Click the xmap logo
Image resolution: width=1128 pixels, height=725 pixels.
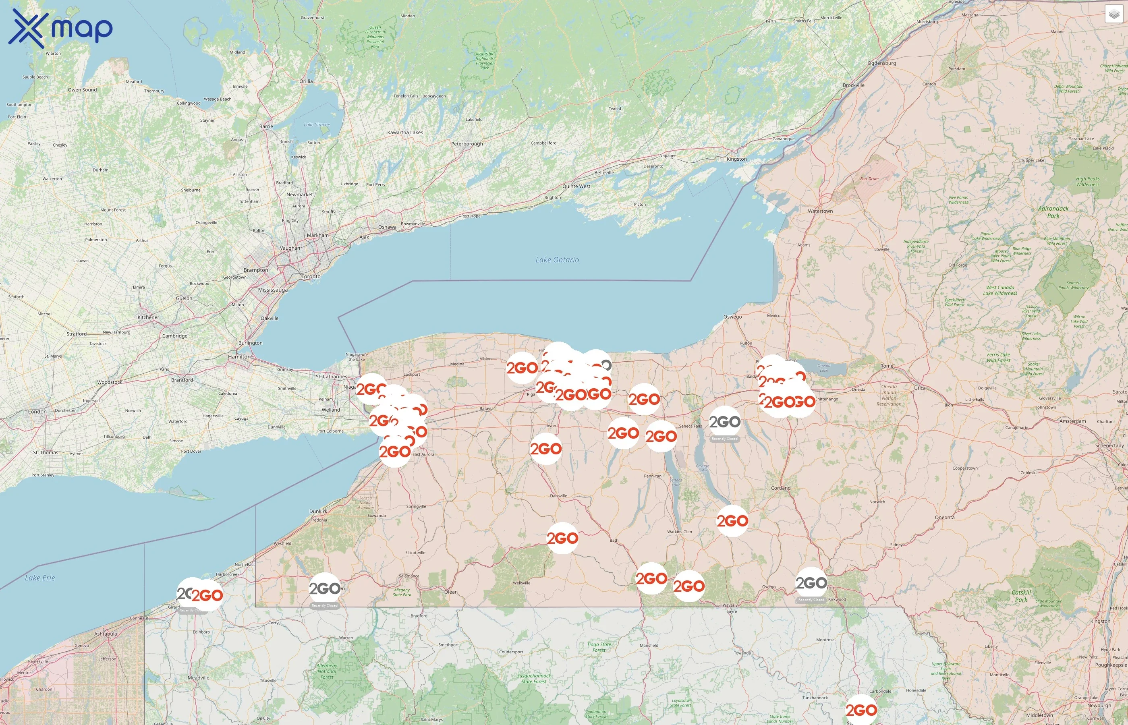(x=60, y=28)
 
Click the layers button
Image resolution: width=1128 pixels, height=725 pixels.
(x=1113, y=14)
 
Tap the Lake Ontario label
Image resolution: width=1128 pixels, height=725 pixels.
(x=557, y=260)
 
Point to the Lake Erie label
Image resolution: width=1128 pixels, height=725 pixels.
(x=40, y=578)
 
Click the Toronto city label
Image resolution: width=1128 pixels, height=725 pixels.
(x=311, y=276)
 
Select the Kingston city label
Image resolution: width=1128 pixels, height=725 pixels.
(x=736, y=159)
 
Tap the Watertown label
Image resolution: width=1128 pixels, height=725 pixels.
(x=820, y=211)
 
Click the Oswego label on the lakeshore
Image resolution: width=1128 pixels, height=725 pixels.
(x=732, y=317)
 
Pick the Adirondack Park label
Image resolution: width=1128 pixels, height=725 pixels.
(x=1053, y=212)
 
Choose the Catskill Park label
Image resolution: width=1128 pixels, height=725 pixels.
(x=1021, y=596)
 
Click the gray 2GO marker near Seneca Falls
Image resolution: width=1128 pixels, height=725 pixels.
(x=724, y=422)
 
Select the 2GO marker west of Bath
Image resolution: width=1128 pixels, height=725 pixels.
(x=562, y=538)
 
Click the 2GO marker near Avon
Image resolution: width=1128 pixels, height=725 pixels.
(x=545, y=449)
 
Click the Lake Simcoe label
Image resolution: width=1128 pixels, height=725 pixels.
(x=317, y=125)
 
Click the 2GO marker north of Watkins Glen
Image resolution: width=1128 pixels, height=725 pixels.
(x=732, y=521)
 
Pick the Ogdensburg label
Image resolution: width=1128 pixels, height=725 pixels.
(x=881, y=63)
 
